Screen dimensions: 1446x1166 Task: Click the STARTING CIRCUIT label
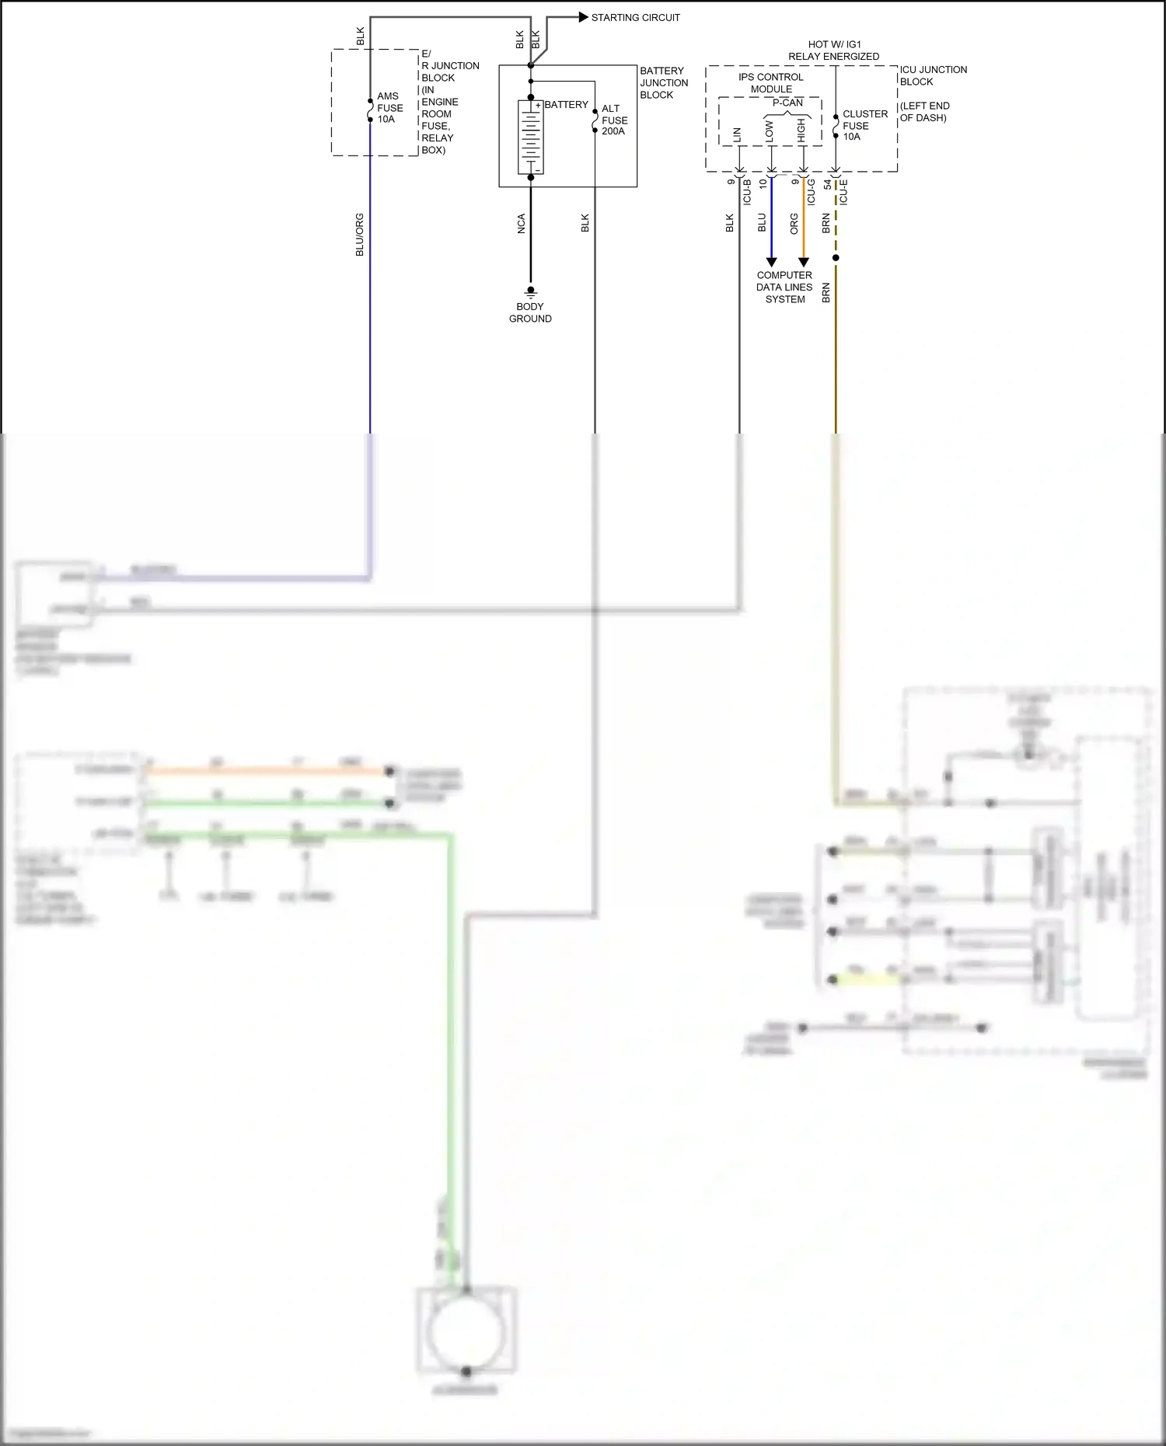click(635, 17)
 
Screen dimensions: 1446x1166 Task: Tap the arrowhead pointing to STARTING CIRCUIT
click(583, 17)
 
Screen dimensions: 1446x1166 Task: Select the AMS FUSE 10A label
click(389, 108)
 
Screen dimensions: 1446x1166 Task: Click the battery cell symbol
click(531, 137)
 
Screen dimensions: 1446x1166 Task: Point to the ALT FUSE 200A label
click(614, 120)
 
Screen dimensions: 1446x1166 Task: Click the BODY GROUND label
click(530, 312)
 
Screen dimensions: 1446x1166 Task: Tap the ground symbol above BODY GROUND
click(531, 292)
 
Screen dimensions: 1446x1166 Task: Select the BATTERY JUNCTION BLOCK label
click(663, 82)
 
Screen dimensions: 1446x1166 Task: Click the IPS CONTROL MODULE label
click(770, 83)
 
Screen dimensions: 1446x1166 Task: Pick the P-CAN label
click(787, 103)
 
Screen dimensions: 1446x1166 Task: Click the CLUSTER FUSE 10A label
click(864, 125)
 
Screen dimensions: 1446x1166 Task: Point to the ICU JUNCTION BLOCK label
click(933, 75)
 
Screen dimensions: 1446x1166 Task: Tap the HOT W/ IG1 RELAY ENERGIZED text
click(833, 51)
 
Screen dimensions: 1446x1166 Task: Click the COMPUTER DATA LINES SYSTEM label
click(784, 287)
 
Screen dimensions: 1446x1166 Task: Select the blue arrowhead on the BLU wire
click(771, 262)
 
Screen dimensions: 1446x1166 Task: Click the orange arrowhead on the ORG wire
click(804, 262)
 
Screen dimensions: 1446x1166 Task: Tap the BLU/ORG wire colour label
click(359, 235)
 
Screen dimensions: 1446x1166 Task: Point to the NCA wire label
click(522, 224)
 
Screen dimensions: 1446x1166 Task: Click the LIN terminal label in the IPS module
click(738, 134)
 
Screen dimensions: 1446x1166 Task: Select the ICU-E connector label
click(843, 192)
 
